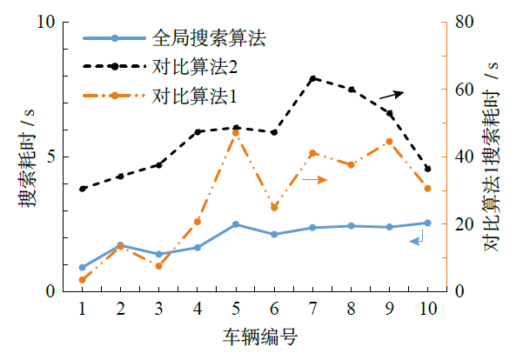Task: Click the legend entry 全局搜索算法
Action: click(x=207, y=38)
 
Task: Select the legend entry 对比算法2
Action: click(x=194, y=66)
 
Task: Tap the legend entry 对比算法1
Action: click(x=194, y=94)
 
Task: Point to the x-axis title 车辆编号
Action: click(x=259, y=337)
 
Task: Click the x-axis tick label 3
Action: click(x=158, y=309)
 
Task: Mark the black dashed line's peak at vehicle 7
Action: click(x=312, y=79)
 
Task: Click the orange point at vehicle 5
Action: click(x=236, y=132)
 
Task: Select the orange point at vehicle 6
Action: click(x=274, y=207)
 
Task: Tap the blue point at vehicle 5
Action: click(x=236, y=224)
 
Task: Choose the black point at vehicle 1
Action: click(x=82, y=189)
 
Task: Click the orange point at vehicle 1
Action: click(x=82, y=279)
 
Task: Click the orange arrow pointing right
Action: click(x=313, y=179)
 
